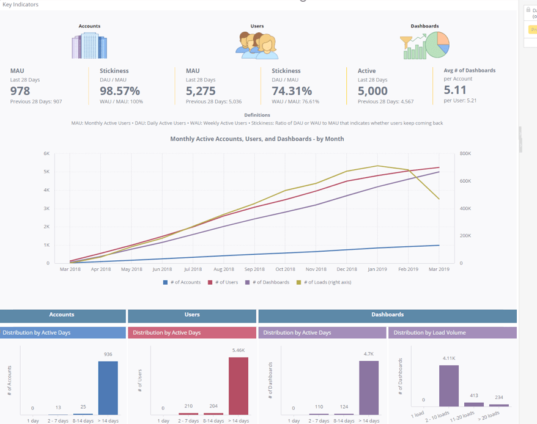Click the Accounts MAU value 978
(x=20, y=90)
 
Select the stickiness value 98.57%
(x=120, y=90)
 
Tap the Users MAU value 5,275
(x=201, y=90)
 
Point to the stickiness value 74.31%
(x=292, y=90)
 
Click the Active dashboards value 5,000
(x=372, y=90)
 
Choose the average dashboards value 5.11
(x=456, y=89)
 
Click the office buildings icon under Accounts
(x=89, y=46)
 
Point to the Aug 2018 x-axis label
(x=224, y=269)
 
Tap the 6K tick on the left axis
(x=46, y=153)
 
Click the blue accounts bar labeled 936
(x=108, y=388)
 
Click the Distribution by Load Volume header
(x=429, y=333)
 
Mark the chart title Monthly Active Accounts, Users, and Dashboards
(x=257, y=139)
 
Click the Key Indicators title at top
(x=21, y=4)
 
